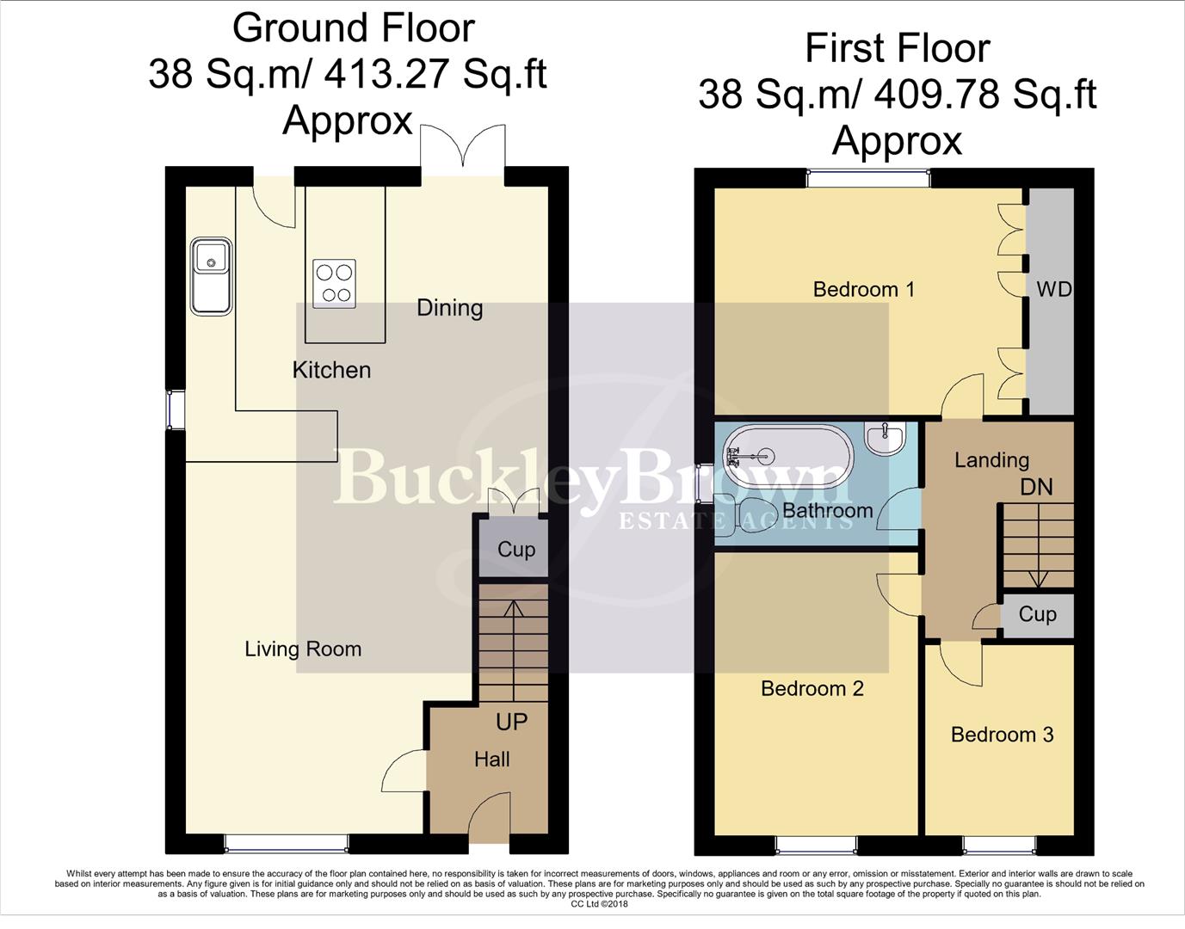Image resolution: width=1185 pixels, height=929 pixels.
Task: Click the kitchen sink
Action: click(211, 275)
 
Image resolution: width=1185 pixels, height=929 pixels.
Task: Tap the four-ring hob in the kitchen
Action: click(335, 283)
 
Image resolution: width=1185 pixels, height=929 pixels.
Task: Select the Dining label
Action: click(449, 308)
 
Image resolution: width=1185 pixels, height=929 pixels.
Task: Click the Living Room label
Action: click(303, 649)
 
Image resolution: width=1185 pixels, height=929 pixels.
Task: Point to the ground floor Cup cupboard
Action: click(515, 550)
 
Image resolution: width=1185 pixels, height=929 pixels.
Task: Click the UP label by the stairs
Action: click(511, 721)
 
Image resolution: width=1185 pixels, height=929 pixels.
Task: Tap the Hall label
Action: click(491, 759)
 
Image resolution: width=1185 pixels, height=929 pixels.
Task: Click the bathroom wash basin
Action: click(886, 439)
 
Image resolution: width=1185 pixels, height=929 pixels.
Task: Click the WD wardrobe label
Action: click(1053, 289)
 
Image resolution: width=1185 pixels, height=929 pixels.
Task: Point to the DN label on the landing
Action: click(1036, 487)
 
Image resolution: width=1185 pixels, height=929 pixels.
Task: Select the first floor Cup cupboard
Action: click(1037, 614)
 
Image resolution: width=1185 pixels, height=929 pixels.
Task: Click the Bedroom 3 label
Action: click(1002, 734)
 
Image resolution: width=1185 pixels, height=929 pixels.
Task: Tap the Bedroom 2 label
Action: click(812, 688)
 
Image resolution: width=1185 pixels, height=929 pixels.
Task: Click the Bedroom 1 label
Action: click(863, 289)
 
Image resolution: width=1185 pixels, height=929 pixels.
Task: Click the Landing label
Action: click(991, 460)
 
